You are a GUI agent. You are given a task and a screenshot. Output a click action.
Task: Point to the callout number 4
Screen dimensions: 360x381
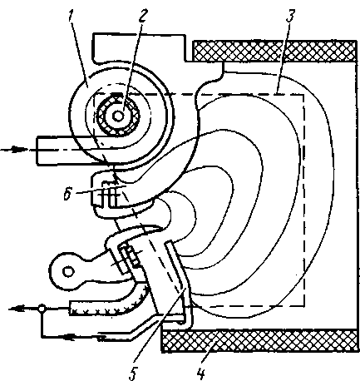coord(200,372)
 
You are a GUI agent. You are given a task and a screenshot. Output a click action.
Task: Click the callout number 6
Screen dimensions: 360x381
coord(67,194)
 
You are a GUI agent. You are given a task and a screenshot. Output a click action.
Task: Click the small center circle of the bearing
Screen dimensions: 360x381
coord(118,116)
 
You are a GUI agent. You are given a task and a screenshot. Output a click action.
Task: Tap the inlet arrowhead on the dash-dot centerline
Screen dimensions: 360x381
coord(19,150)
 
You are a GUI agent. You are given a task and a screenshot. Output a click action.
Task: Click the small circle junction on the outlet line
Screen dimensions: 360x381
coord(42,308)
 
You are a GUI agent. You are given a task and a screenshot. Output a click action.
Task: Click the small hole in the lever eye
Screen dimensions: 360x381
coord(68,271)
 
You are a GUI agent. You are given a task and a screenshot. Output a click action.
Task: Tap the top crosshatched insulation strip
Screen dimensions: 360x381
coord(274,51)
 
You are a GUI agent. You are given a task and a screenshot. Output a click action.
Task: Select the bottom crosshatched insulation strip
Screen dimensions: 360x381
coord(259,341)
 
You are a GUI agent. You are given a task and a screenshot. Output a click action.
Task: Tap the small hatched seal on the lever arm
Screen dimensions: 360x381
coord(131,255)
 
